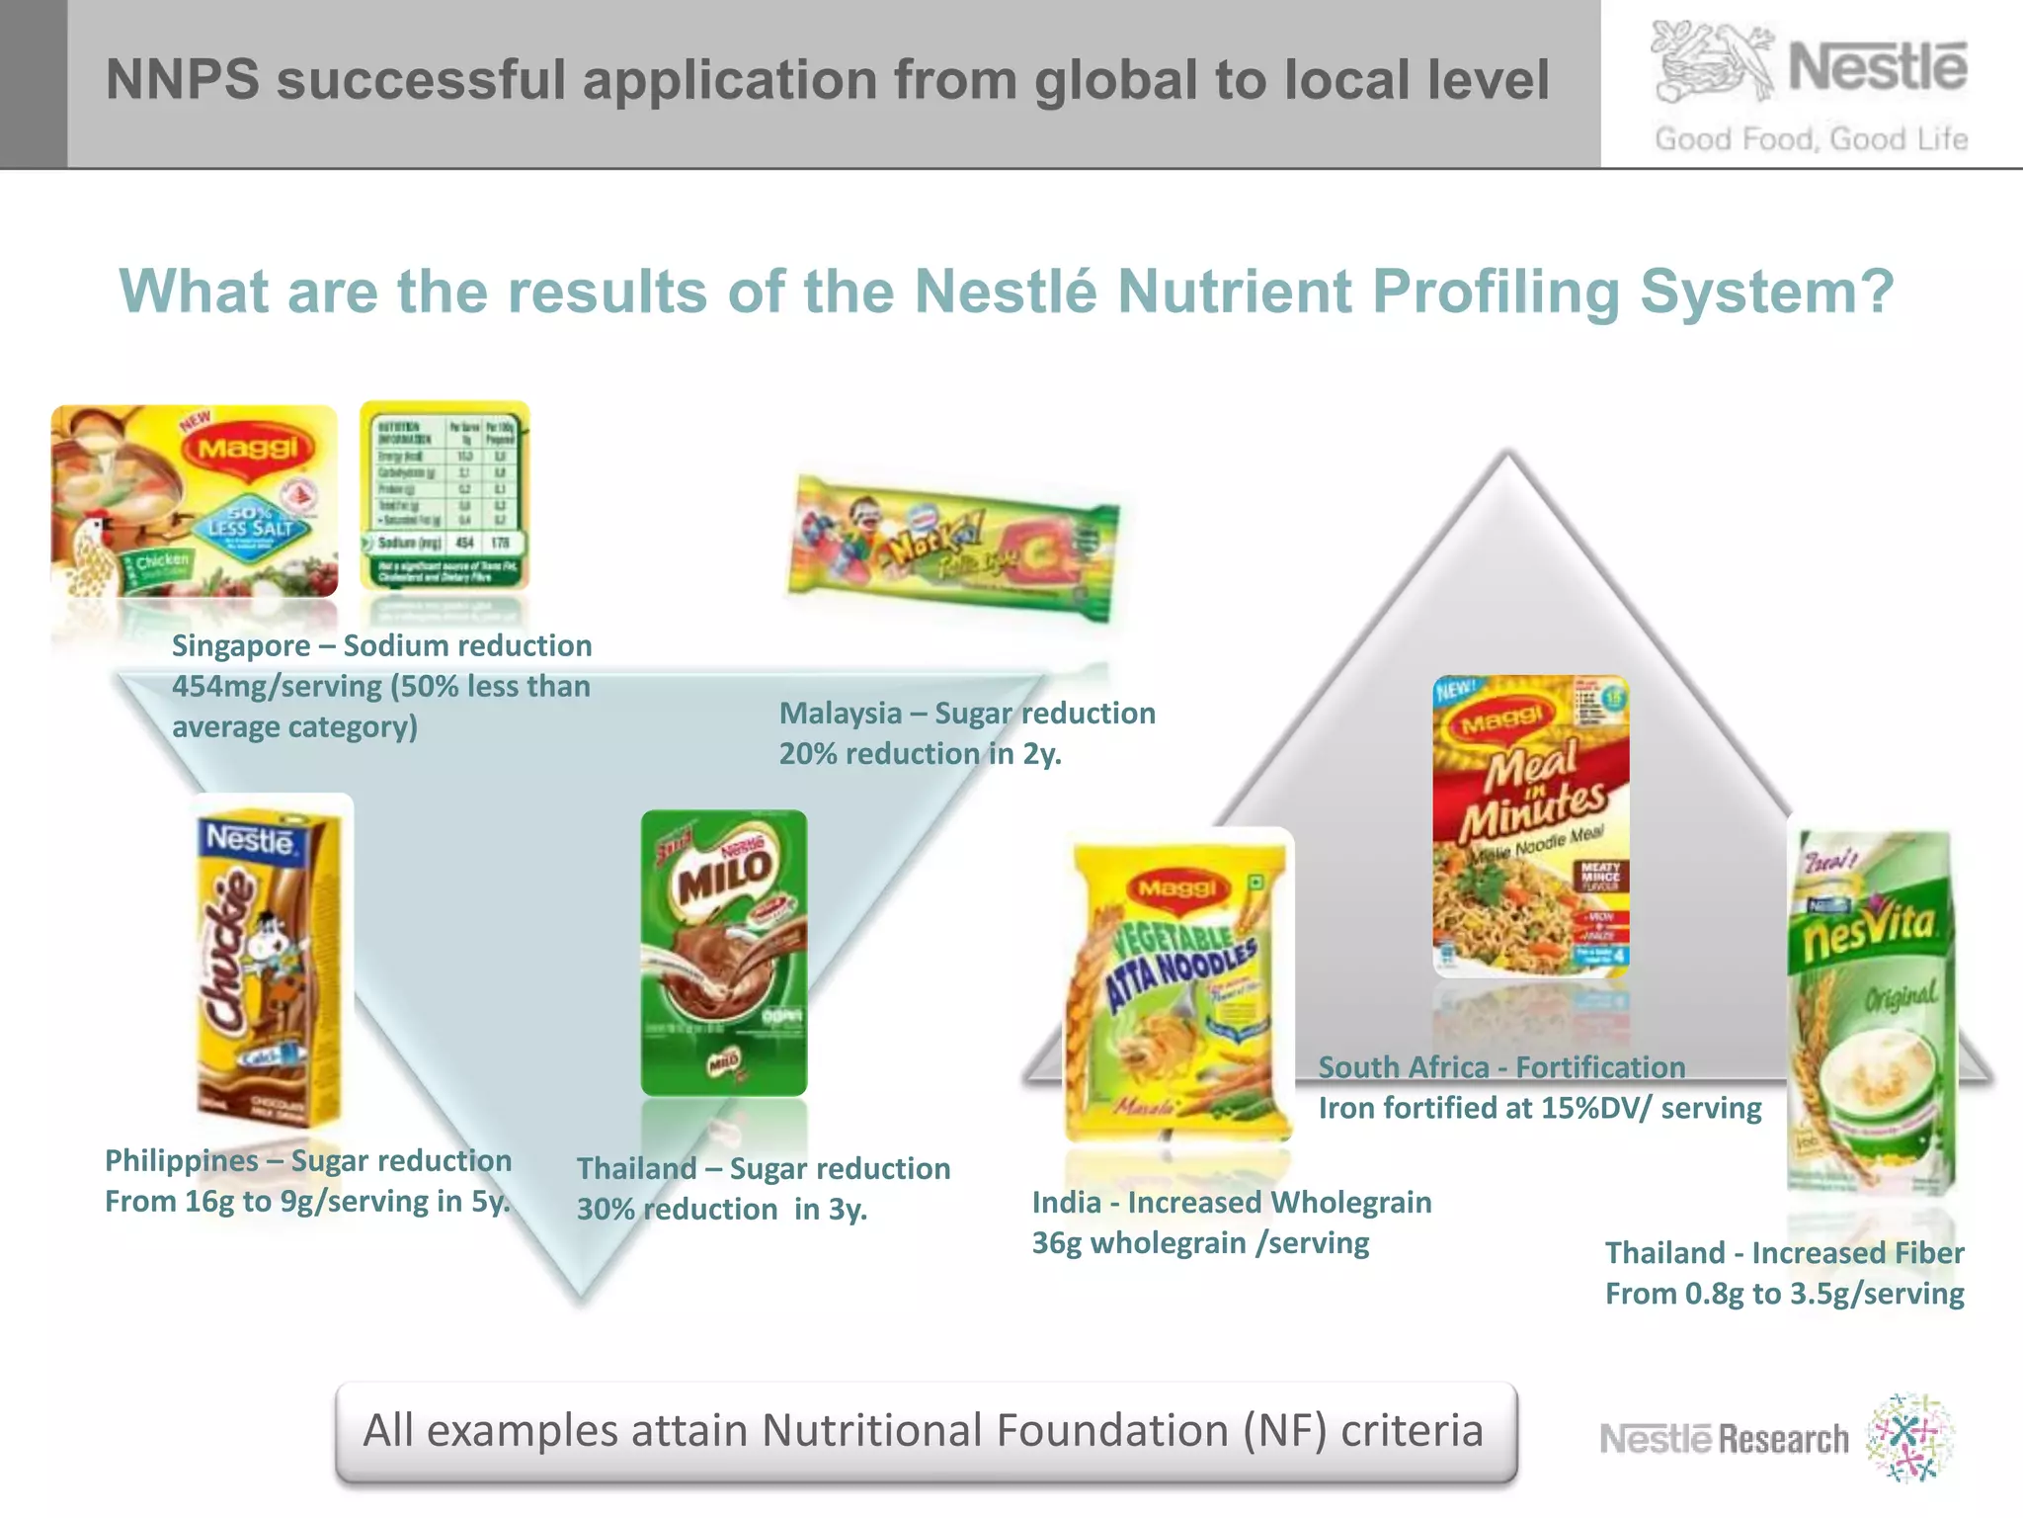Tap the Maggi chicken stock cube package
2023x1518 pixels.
194,500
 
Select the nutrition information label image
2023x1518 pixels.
445,495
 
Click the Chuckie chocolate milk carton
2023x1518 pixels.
269,964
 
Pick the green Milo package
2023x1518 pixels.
724,953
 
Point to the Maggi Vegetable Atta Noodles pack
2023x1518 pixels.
1177,988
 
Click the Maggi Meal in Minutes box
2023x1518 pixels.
1530,825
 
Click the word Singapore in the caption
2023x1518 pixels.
241,646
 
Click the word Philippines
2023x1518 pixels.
182,1160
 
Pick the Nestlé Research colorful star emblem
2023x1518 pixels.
1910,1438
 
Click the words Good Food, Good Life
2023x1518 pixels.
1811,139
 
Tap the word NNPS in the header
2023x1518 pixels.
182,80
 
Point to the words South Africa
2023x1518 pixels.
1404,1068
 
